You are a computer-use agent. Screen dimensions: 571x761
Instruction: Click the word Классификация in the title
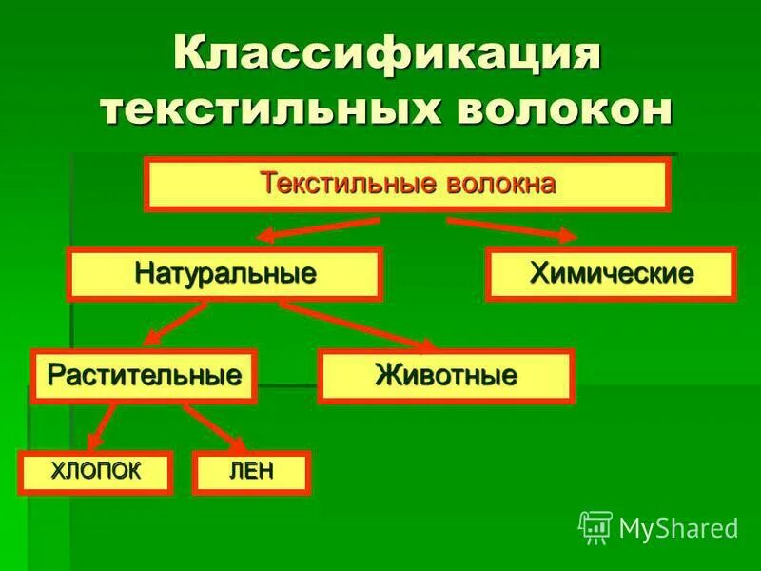[387, 54]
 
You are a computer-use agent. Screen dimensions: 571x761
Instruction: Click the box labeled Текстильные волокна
[407, 184]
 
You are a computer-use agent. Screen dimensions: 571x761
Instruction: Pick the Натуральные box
[224, 274]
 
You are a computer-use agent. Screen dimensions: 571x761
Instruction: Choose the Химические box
[610, 274]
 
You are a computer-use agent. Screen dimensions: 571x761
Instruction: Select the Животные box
[446, 376]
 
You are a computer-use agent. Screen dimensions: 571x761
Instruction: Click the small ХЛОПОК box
[96, 473]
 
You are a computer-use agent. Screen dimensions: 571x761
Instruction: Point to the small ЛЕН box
[251, 473]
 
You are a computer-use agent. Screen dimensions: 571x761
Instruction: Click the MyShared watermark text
[678, 527]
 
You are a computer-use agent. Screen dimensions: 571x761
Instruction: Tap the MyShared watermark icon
[595, 526]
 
